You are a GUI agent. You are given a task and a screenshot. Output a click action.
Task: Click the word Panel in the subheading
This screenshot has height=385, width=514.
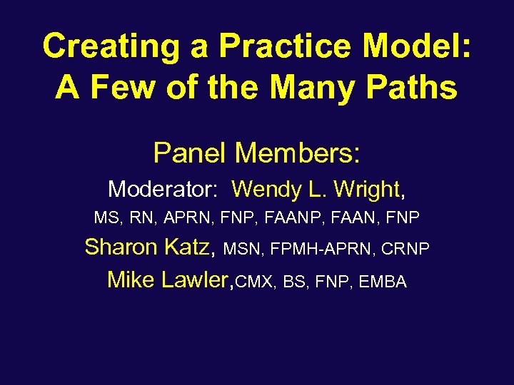pyautogui.click(x=190, y=152)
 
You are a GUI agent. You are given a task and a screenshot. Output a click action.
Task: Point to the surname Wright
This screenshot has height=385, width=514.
pyautogui.click(x=366, y=189)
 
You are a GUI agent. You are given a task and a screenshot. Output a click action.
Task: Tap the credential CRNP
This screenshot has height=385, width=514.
pyautogui.click(x=405, y=248)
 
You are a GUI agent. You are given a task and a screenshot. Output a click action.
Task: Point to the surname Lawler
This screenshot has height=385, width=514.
pyautogui.click(x=198, y=279)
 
